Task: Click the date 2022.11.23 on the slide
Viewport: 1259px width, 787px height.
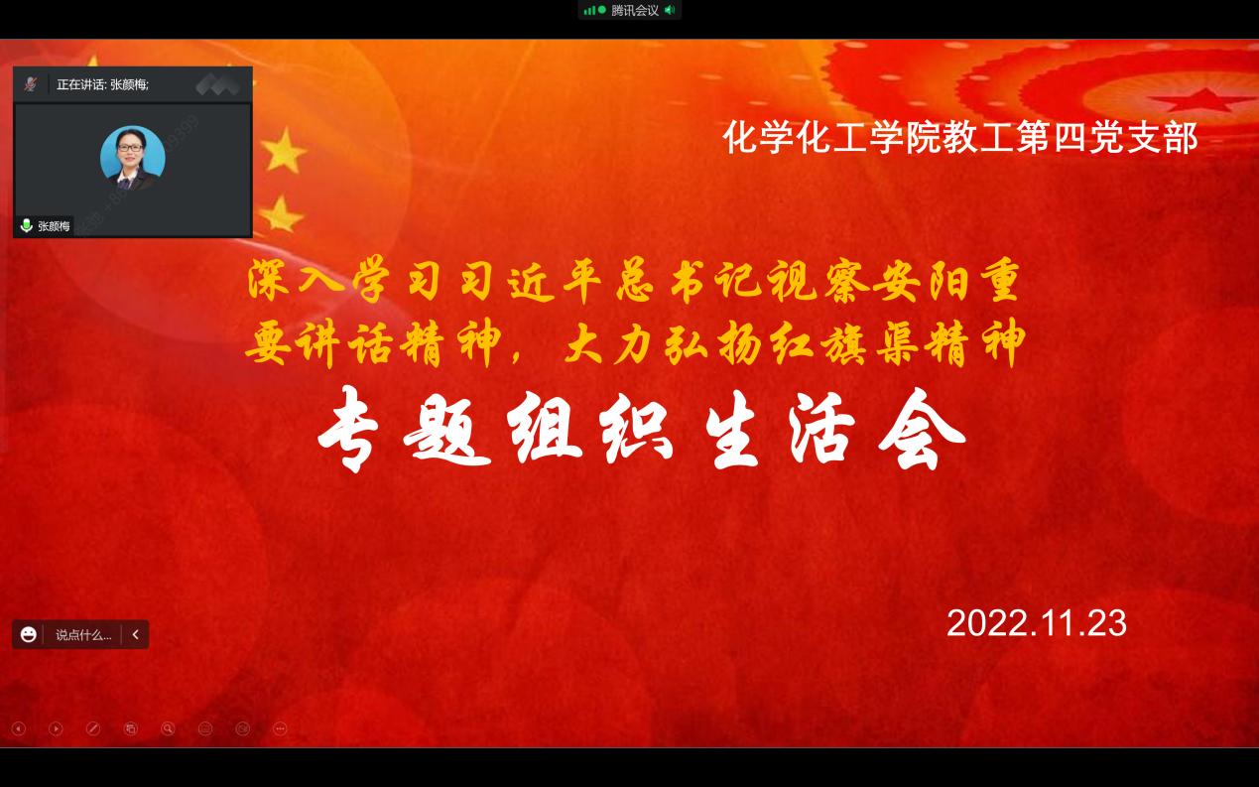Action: point(1037,623)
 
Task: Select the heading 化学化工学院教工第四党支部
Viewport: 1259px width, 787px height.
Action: point(960,137)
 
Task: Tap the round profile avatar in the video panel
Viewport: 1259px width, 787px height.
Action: point(133,158)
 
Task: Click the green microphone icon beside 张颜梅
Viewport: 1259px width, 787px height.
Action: point(26,225)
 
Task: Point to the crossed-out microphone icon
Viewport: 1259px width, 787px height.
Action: point(31,84)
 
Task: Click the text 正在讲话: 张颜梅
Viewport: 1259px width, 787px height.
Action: point(102,84)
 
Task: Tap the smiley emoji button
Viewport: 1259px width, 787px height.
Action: point(28,634)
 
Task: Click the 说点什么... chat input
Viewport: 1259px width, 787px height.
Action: point(83,635)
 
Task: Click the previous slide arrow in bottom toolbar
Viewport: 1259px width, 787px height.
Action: point(19,729)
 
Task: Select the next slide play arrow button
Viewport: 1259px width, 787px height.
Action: point(56,729)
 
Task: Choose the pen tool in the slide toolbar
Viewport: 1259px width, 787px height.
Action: point(93,729)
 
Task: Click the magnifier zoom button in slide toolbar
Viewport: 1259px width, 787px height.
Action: point(168,729)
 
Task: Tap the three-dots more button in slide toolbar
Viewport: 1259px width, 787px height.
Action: point(280,729)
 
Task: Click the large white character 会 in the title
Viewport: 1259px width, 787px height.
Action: point(922,430)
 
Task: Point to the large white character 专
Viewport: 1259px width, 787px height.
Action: point(348,430)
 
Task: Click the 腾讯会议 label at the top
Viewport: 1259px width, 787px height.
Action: point(635,10)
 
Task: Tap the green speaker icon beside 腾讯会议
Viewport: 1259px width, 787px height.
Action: point(670,10)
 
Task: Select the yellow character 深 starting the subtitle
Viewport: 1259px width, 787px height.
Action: point(269,280)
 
